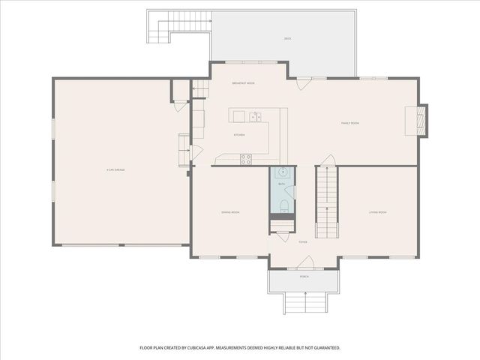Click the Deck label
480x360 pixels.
point(287,38)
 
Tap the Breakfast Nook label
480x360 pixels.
point(243,83)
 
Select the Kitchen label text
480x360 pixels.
point(239,135)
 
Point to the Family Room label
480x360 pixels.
point(350,123)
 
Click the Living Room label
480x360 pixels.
point(377,212)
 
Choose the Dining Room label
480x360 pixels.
point(229,212)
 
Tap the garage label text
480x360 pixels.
point(115,170)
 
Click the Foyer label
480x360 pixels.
point(303,242)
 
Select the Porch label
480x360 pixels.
point(304,277)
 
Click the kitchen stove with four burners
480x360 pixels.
point(245,157)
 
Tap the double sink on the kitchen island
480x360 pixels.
point(255,116)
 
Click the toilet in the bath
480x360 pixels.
point(282,204)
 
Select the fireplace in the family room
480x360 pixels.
point(421,120)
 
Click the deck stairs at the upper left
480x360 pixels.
point(158,30)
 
